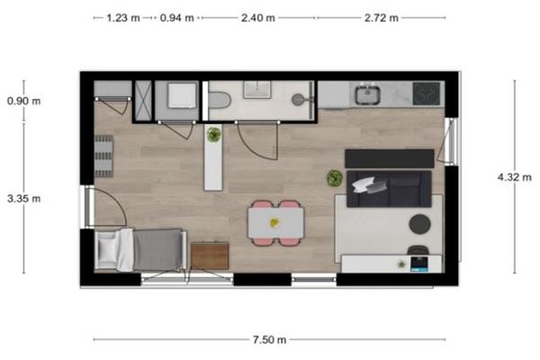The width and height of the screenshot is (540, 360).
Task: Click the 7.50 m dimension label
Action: coord(270,339)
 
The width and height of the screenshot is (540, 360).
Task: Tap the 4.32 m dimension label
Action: coord(515,177)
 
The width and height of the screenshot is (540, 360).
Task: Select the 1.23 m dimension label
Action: coord(123,18)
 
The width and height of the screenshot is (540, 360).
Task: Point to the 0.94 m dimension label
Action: coord(177,18)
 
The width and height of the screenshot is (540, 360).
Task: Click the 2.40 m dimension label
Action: coord(258,18)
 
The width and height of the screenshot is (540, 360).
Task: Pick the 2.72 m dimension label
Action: coord(382,18)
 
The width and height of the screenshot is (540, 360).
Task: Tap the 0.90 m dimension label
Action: coord(23,101)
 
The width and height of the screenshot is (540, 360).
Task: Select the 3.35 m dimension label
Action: coord(23,198)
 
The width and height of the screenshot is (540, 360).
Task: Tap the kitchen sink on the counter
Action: coord(368,94)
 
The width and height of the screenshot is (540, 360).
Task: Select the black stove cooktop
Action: coord(427,94)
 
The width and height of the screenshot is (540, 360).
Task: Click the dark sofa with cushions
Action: coord(389,189)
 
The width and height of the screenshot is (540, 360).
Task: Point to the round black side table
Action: coord(419,224)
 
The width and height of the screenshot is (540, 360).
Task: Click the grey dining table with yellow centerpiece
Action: coord(276,223)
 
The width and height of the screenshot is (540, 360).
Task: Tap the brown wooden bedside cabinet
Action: coord(210,256)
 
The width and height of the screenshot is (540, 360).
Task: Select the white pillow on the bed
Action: coord(108,249)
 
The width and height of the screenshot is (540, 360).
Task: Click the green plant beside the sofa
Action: coord(335,178)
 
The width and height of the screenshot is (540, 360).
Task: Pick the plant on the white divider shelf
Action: coord(214,134)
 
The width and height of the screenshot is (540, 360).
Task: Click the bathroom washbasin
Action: coord(256,90)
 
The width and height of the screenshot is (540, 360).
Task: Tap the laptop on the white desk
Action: coord(419,264)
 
